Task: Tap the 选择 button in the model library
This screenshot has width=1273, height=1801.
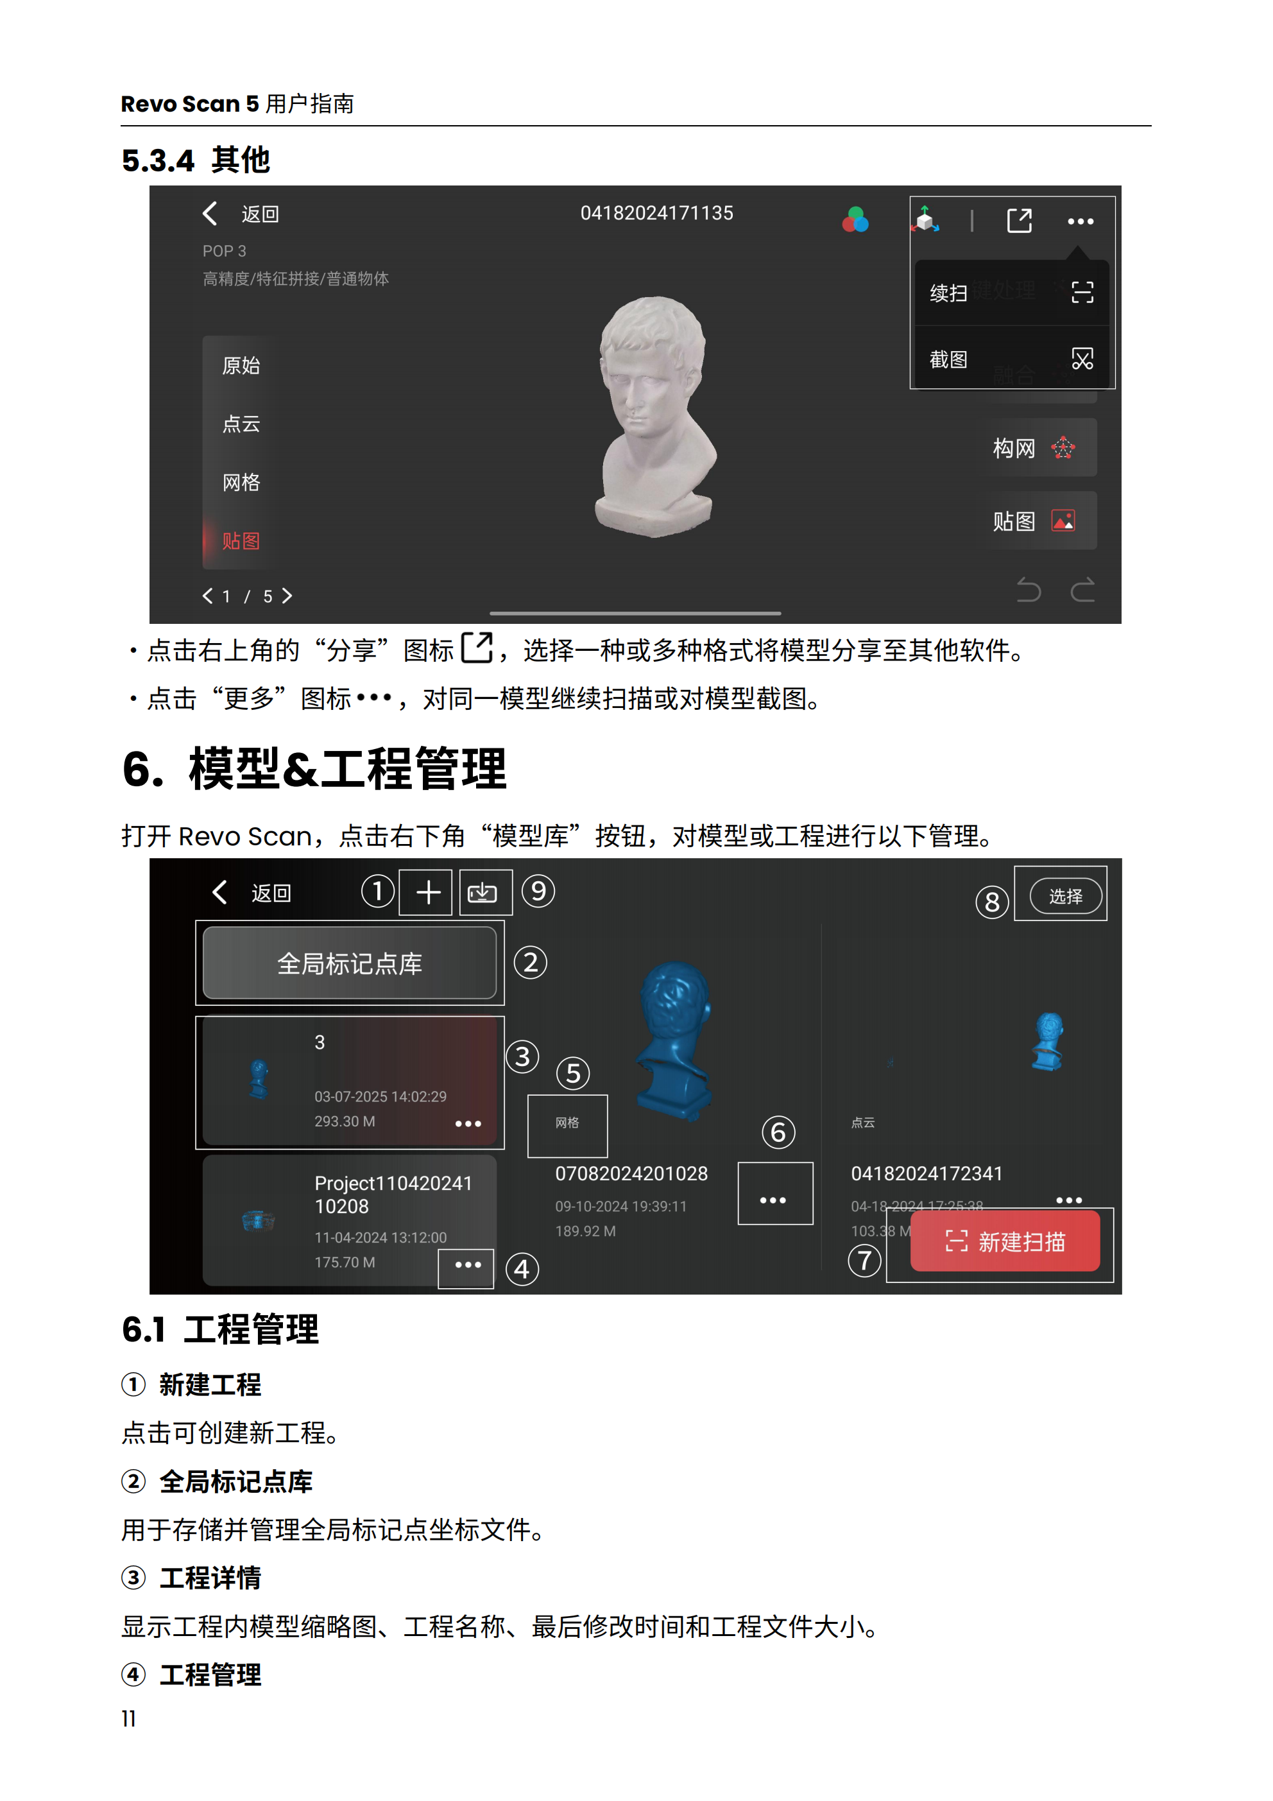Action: coord(1064,896)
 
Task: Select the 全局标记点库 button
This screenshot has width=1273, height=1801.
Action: coord(350,963)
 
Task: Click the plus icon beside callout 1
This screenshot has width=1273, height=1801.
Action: coord(427,893)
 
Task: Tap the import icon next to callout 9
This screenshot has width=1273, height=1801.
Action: coord(483,893)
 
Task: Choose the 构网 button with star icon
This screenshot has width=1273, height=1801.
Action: coord(1034,448)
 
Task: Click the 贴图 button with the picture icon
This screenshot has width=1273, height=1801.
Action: coord(1034,521)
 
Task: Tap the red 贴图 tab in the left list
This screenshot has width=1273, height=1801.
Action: coord(241,541)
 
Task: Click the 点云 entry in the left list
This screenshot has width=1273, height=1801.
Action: coord(241,424)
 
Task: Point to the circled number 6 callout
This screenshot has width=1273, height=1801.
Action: coord(778,1132)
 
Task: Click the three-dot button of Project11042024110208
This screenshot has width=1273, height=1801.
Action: coord(468,1264)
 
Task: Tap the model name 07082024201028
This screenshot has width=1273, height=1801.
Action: coord(631,1173)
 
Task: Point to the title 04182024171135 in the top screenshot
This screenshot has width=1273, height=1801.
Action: coord(656,213)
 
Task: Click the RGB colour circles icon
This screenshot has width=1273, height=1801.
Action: coord(855,220)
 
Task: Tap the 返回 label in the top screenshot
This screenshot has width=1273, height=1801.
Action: coord(260,214)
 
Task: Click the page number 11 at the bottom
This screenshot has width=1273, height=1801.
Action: coord(128,1719)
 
